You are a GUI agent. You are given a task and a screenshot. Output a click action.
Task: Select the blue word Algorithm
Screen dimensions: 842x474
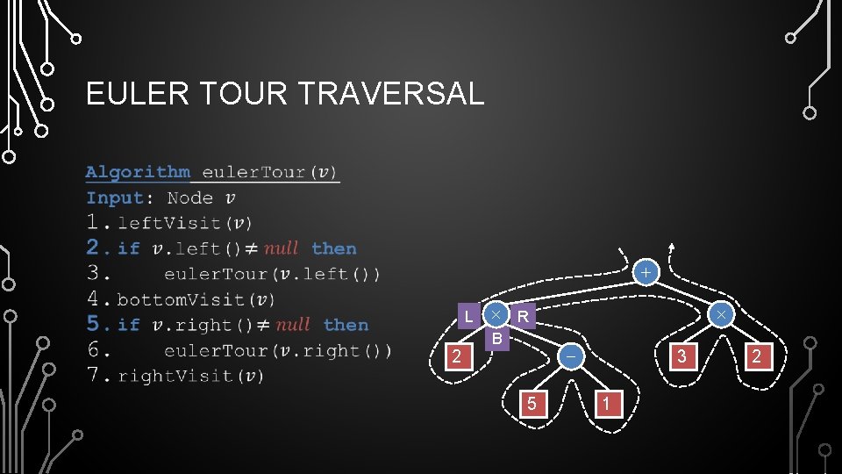click(138, 172)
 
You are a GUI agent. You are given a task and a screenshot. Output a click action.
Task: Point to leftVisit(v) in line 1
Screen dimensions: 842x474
click(185, 223)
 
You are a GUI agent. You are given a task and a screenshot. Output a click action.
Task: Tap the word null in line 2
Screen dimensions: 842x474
click(281, 248)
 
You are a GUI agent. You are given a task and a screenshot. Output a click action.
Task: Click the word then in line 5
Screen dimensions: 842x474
click(346, 325)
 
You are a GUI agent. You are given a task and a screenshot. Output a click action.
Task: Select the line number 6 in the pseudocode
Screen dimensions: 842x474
click(94, 350)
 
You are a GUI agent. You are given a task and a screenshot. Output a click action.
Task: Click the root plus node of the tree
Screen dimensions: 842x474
click(645, 273)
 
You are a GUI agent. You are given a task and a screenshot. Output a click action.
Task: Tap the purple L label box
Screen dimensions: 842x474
click(469, 316)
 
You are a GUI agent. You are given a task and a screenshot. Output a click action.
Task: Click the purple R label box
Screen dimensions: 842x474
click(523, 316)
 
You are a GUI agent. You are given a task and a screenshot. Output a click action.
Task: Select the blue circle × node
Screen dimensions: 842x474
click(720, 314)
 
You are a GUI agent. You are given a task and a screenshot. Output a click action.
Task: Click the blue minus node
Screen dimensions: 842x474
click(571, 356)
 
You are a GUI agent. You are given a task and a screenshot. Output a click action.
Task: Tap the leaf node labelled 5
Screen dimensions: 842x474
click(530, 403)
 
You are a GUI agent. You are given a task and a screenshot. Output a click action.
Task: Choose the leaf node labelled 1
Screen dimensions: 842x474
click(608, 403)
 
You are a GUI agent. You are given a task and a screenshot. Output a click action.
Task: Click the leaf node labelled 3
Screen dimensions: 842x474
click(681, 356)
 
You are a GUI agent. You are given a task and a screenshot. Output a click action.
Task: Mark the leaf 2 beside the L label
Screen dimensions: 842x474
click(455, 356)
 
